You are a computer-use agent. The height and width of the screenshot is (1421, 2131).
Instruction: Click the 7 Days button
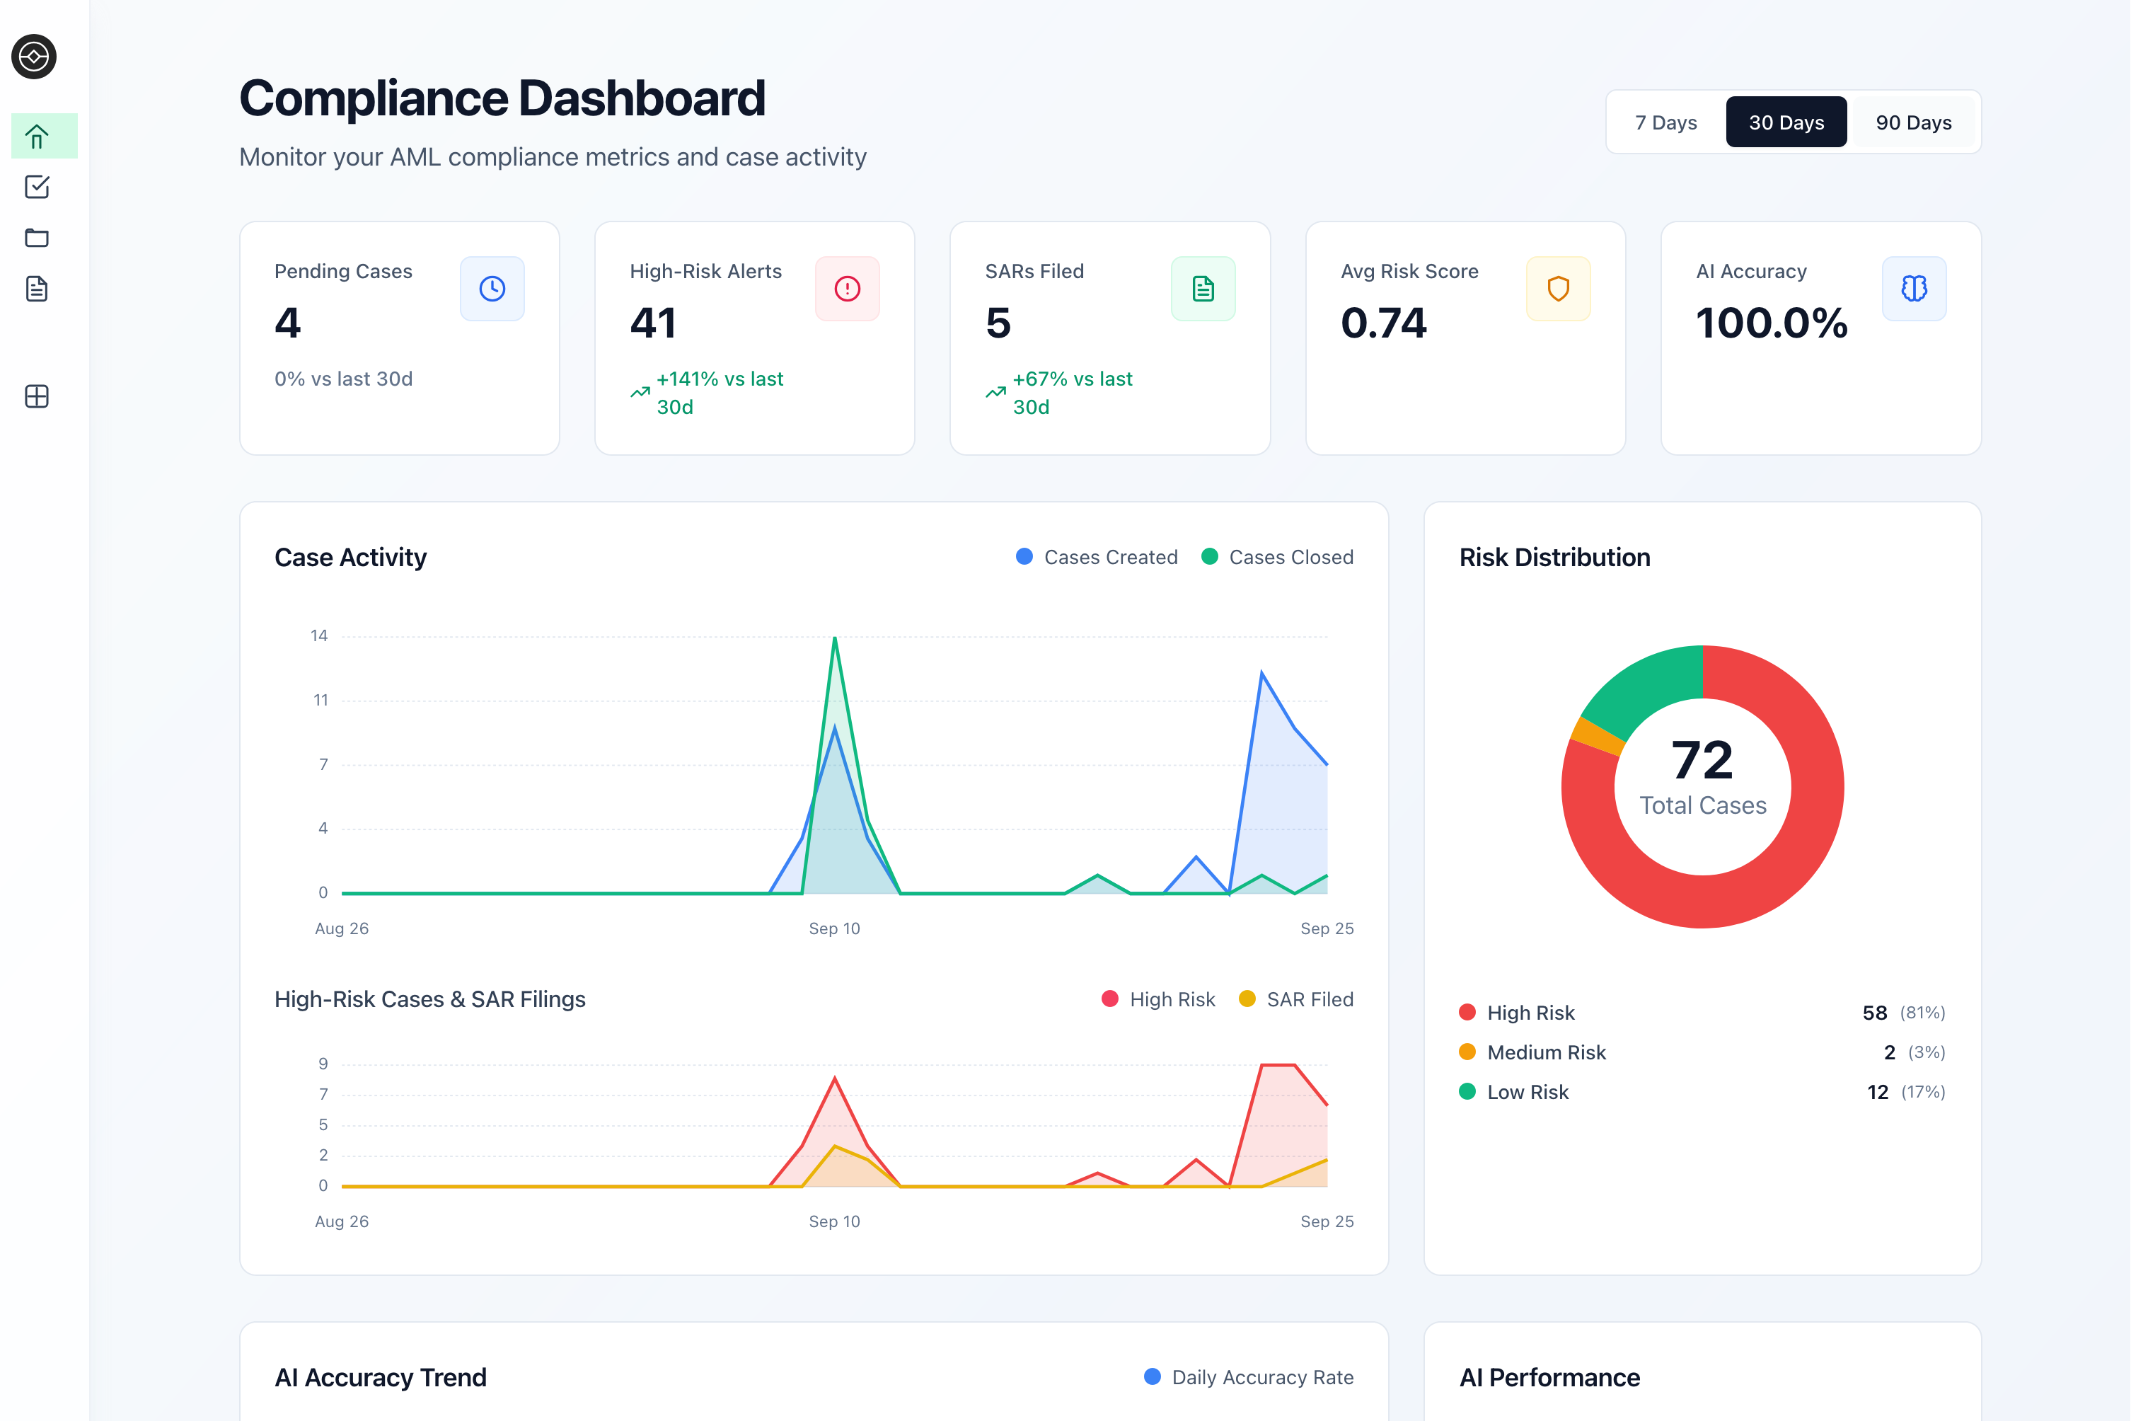click(1665, 122)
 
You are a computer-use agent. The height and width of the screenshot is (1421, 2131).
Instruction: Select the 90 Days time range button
click(1912, 122)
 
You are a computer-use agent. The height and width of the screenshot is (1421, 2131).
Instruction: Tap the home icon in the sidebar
click(37, 137)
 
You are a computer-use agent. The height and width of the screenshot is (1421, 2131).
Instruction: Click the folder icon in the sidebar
click(37, 238)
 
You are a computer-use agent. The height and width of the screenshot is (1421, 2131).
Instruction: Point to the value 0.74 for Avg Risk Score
click(1383, 323)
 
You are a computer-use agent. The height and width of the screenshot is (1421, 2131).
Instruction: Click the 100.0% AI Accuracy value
click(1772, 323)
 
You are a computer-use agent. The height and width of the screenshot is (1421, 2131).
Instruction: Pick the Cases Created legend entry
click(1097, 558)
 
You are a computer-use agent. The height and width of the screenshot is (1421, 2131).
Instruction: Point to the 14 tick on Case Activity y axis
click(319, 636)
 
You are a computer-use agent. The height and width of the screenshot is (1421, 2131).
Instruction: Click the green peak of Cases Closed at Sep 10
click(834, 640)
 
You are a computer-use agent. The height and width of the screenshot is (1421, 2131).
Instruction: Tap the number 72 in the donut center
click(1702, 759)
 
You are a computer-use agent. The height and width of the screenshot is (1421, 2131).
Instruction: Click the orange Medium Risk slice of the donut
click(1596, 737)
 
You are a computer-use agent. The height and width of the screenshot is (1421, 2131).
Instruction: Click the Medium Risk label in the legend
click(1546, 1052)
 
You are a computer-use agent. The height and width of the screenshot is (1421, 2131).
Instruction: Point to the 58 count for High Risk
click(1873, 1012)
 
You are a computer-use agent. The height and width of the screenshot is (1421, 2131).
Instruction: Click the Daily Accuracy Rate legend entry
click(1249, 1378)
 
